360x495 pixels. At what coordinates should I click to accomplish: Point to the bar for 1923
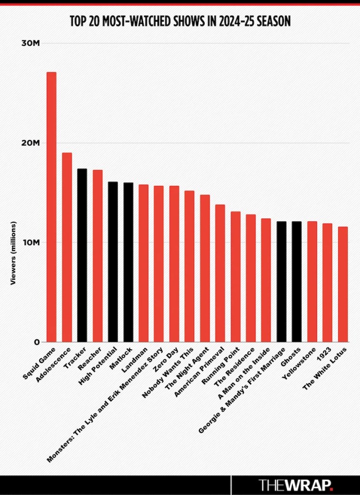pyautogui.click(x=327, y=283)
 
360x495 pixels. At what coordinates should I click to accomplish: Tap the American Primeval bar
pyautogui.click(x=220, y=273)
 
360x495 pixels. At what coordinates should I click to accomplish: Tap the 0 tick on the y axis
pyautogui.click(x=37, y=342)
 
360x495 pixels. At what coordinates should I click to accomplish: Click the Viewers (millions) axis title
pyautogui.click(x=14, y=253)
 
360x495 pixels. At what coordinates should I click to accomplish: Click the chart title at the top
pyautogui.click(x=180, y=21)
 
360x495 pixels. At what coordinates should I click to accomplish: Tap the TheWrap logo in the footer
pyautogui.click(x=296, y=484)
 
